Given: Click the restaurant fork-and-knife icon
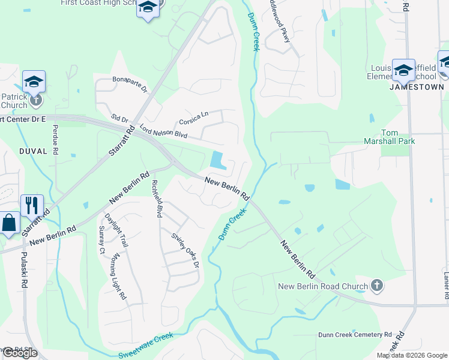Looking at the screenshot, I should click(32, 205).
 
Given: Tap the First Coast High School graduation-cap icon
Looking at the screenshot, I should click(147, 8).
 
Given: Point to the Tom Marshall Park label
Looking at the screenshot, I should click(398, 137).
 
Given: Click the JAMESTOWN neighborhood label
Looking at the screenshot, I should click(417, 87).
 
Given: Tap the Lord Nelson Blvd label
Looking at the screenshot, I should click(163, 130).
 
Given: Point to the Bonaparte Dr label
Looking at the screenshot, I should click(130, 84).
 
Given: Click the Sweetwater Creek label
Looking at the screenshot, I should click(146, 346).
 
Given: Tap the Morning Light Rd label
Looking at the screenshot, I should click(119, 277).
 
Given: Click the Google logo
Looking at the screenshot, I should click(20, 353).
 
